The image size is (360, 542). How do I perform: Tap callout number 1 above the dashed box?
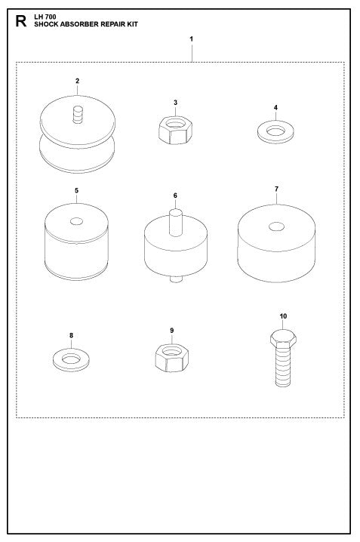click(x=192, y=38)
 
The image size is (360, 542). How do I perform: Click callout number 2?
click(x=77, y=80)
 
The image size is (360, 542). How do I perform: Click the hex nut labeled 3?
click(x=175, y=129)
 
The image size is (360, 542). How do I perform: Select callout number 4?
click(x=276, y=107)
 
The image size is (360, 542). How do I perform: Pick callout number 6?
click(x=175, y=195)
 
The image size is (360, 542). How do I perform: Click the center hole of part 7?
click(x=277, y=226)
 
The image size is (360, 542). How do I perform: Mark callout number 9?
click(x=172, y=330)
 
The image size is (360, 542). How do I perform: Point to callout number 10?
click(x=283, y=316)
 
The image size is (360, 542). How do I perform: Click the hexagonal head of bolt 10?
click(x=283, y=339)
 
